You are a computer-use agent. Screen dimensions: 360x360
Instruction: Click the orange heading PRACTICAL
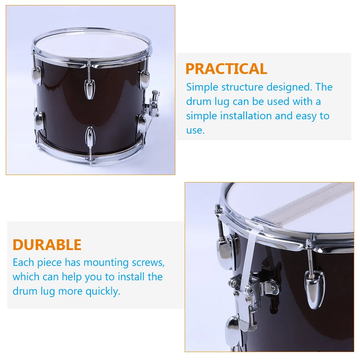(x=226, y=69)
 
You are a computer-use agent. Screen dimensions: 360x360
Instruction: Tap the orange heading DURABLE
(x=47, y=245)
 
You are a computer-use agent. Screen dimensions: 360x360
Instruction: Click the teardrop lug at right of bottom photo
(x=314, y=290)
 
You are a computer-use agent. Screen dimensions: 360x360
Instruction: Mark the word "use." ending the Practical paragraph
(x=195, y=130)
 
